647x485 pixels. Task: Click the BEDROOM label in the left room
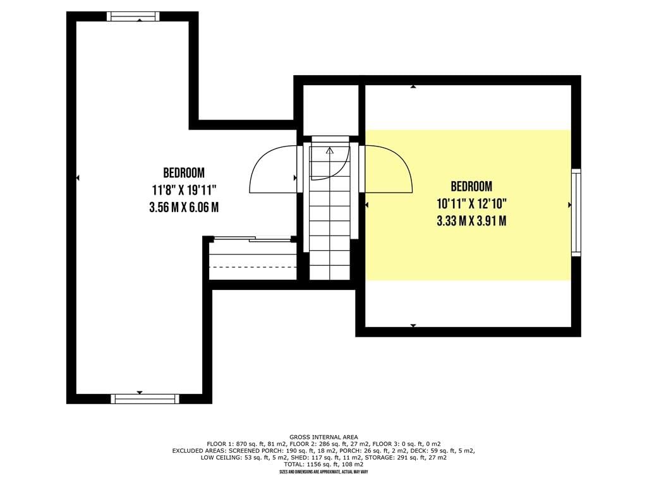(184, 172)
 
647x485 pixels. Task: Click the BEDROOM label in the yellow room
(471, 186)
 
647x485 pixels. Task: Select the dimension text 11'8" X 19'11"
(184, 190)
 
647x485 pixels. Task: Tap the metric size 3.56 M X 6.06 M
(184, 207)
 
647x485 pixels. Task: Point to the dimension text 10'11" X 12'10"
(471, 204)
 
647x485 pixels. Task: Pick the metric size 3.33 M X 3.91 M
(471, 221)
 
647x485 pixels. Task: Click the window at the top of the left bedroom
(133, 16)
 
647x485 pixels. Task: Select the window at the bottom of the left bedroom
(145, 399)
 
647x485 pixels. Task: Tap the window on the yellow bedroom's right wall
(576, 212)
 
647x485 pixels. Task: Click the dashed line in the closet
(253, 267)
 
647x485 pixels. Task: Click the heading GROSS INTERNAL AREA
(323, 437)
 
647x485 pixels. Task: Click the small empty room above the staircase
(330, 111)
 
